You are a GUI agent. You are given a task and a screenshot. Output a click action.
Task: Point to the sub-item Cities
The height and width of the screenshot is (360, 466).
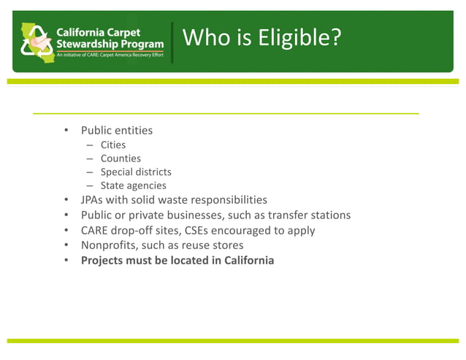coord(113,145)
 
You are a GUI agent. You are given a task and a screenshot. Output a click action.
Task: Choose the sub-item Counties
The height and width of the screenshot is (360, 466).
coord(121,158)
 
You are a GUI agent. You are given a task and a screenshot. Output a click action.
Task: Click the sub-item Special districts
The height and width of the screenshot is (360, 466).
coord(136,172)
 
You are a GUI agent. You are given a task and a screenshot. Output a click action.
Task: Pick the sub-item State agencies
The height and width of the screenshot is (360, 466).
coord(134,185)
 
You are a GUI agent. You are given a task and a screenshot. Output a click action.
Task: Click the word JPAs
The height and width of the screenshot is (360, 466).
coord(95,200)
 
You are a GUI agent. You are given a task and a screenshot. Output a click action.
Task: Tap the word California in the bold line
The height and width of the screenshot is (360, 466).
coord(245,260)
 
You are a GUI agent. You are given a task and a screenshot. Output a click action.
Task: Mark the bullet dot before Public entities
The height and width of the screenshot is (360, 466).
coord(65,131)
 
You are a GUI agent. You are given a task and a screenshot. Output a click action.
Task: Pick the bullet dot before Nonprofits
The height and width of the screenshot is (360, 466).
coord(65,245)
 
